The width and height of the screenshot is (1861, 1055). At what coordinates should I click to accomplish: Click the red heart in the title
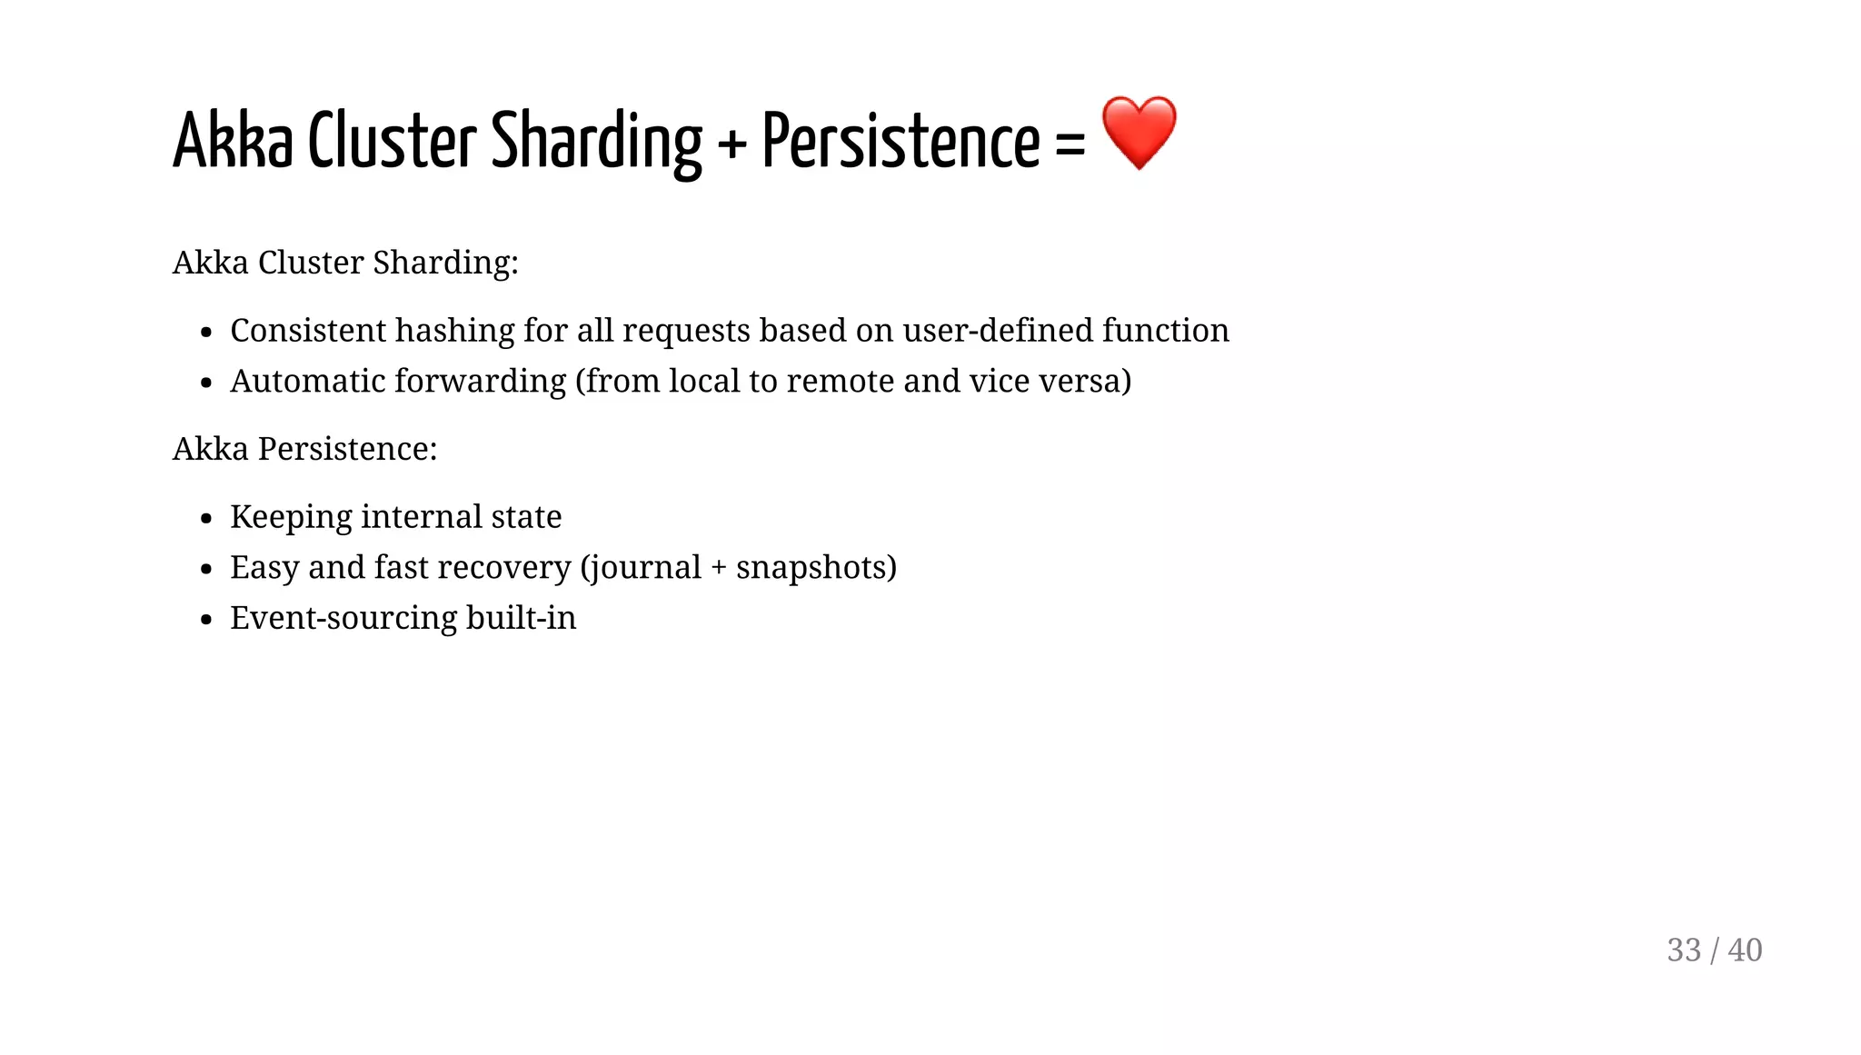(1139, 133)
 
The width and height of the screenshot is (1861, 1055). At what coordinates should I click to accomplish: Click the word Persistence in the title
(900, 142)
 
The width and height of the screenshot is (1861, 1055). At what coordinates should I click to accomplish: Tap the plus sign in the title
(731, 144)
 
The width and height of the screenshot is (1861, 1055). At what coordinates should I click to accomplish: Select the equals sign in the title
(1070, 144)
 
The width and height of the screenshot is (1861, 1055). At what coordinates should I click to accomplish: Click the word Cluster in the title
(392, 142)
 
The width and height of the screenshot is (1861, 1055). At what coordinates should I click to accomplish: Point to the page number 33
(1684, 950)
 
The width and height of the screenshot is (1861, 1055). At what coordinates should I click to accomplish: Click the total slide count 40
(1745, 950)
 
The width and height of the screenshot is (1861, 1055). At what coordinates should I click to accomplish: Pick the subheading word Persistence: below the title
(347, 449)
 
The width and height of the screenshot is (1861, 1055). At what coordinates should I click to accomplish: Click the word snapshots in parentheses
(811, 568)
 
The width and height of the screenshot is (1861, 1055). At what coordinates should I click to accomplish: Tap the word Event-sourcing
(343, 619)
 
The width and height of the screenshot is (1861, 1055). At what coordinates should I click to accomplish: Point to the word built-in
(521, 618)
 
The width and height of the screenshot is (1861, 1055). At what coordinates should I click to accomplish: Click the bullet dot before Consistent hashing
(206, 333)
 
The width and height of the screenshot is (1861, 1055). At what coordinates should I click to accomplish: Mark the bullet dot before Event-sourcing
(206, 621)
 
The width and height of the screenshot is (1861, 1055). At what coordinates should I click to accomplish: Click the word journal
(645, 568)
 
